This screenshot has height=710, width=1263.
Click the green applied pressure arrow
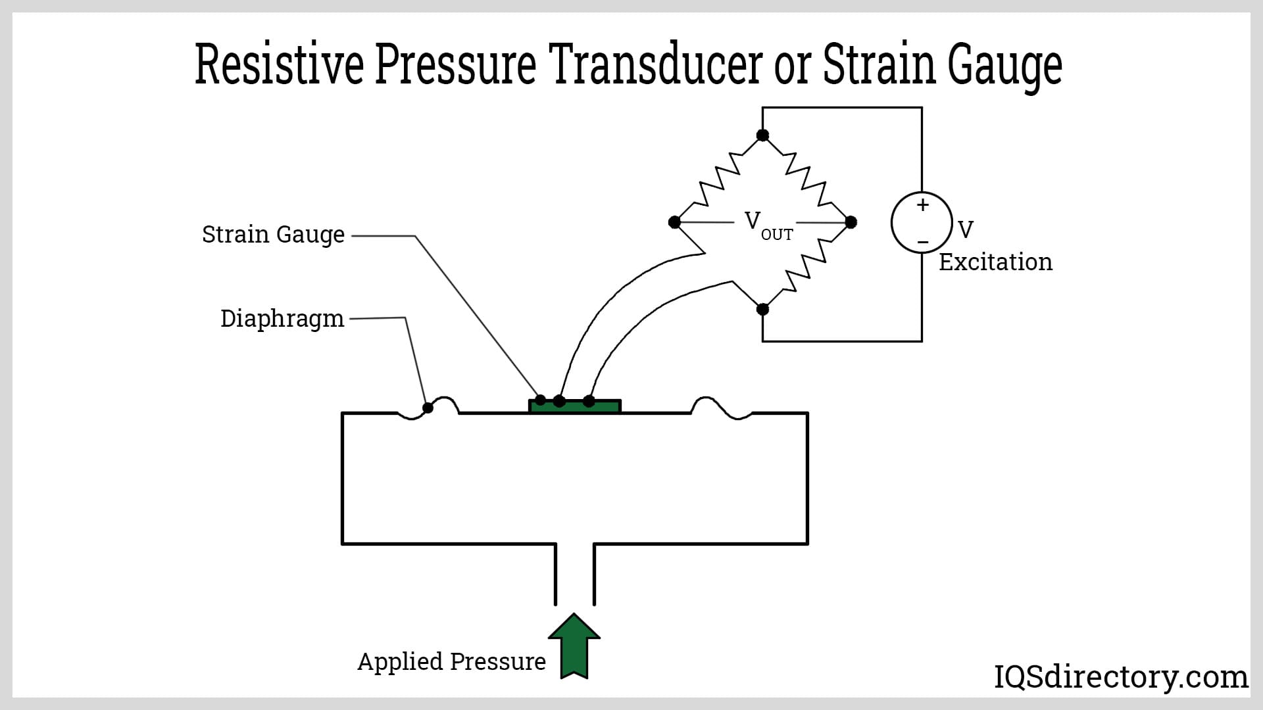click(x=574, y=647)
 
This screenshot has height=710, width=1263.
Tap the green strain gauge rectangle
click(x=575, y=407)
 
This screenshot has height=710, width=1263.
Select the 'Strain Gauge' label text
click(x=273, y=235)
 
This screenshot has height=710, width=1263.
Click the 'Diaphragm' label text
click(x=282, y=319)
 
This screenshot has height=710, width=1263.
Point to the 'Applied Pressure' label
click(x=451, y=661)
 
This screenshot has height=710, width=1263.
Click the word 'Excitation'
click(x=995, y=262)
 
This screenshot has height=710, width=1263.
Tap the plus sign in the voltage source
click(x=923, y=205)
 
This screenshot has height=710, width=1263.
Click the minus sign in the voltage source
click(x=923, y=243)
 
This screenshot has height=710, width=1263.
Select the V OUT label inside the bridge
click(x=767, y=225)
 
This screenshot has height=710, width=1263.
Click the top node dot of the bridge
click(x=762, y=135)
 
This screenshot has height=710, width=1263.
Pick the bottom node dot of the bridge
click(x=762, y=309)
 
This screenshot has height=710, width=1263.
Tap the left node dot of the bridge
click(x=674, y=222)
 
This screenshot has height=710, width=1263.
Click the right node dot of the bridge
click(x=851, y=222)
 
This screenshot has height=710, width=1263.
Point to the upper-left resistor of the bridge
click(x=718, y=177)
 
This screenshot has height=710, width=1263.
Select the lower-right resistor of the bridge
click(x=807, y=266)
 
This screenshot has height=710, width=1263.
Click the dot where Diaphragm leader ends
click(x=428, y=408)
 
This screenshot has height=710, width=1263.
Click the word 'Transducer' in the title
click(x=658, y=65)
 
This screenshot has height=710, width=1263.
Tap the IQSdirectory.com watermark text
click(x=1120, y=676)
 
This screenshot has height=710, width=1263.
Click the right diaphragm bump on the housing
click(x=721, y=408)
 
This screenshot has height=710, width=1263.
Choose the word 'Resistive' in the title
click(x=279, y=65)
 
